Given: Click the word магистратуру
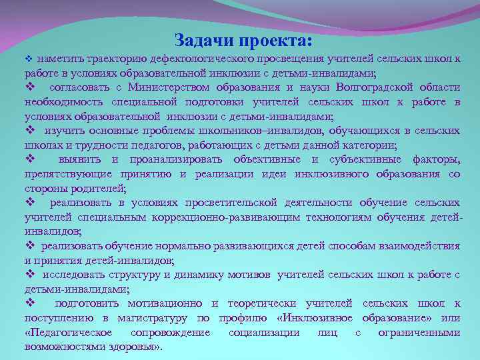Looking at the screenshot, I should (x=159, y=318).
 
